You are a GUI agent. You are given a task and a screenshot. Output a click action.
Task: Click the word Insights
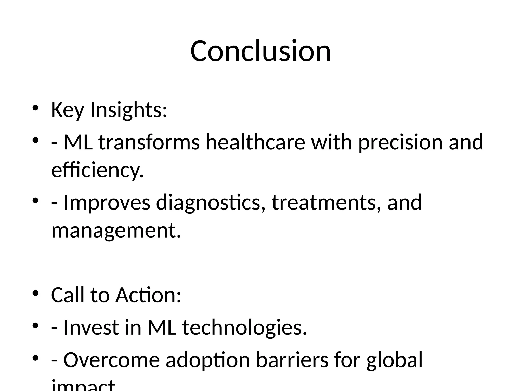128,110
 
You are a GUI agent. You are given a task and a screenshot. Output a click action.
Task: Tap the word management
116,230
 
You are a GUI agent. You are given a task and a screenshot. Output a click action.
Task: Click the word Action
148,295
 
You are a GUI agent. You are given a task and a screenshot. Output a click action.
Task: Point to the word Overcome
111,360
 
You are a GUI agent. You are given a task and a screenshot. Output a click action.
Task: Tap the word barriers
292,360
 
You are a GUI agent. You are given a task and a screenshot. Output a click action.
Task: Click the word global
394,360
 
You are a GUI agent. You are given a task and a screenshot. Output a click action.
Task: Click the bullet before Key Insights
35,108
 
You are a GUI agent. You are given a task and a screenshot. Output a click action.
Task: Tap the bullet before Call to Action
35,293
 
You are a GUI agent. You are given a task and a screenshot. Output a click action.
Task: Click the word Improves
107,202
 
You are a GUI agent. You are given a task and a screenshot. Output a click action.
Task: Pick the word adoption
208,360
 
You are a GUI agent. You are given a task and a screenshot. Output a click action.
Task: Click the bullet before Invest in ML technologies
35,326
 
